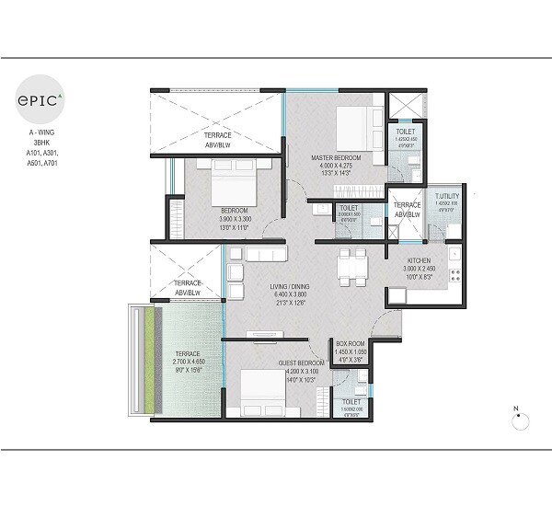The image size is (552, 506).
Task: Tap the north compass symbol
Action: (x=518, y=420)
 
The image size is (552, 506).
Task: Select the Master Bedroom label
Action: (x=335, y=158)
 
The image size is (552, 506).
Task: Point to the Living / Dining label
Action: (x=290, y=287)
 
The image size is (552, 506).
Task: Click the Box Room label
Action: (x=351, y=343)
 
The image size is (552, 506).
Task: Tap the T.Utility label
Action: (x=447, y=196)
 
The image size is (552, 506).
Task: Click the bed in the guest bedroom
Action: (x=260, y=393)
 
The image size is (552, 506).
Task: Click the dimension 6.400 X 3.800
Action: (x=290, y=296)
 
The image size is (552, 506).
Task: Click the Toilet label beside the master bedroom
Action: (x=405, y=132)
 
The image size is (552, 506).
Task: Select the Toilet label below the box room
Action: (x=350, y=402)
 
